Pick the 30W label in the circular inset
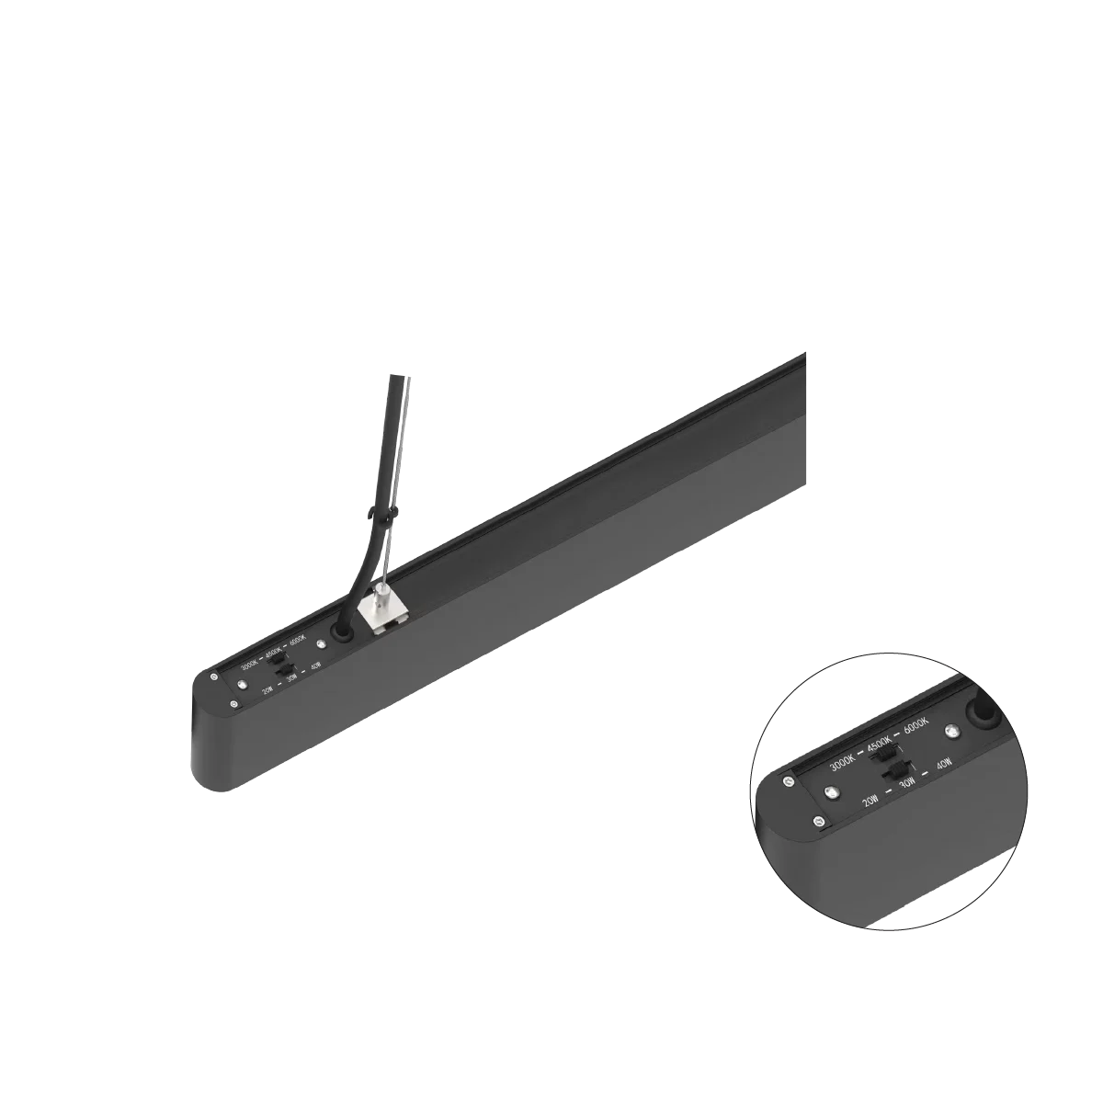tap(907, 782)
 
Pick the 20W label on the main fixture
tap(267, 688)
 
